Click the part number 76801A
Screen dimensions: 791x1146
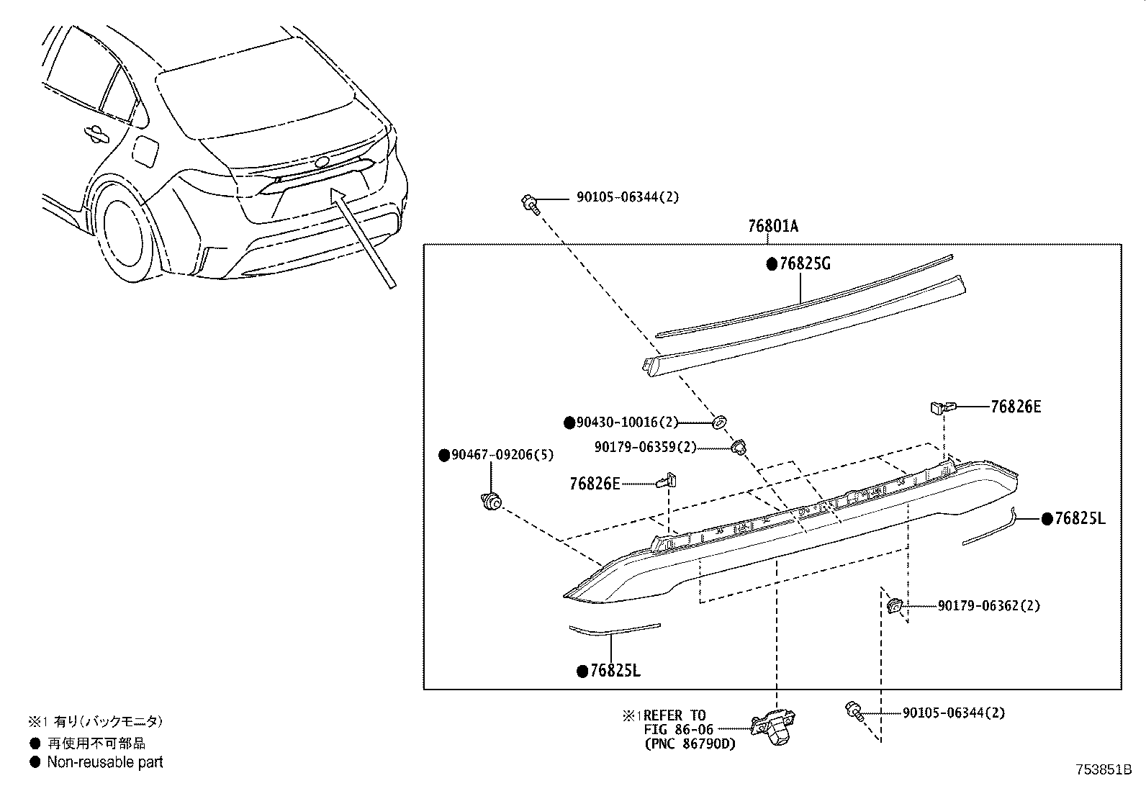pyautogui.click(x=773, y=226)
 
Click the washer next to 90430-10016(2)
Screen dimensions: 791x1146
pyautogui.click(x=719, y=421)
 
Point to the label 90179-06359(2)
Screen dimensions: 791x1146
pyautogui.click(x=646, y=447)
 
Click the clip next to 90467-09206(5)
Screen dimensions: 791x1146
pyautogui.click(x=492, y=502)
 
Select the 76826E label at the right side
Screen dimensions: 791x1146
pyautogui.click(x=1016, y=407)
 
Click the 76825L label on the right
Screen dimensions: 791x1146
pyautogui.click(x=1079, y=518)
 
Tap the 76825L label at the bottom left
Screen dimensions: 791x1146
pyautogui.click(x=614, y=671)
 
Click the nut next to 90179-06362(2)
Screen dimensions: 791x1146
pyautogui.click(x=895, y=606)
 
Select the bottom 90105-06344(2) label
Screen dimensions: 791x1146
pyautogui.click(x=953, y=713)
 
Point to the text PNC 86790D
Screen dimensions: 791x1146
pyautogui.click(x=690, y=743)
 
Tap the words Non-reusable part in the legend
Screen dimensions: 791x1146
pyautogui.click(x=105, y=761)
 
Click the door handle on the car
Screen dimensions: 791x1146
pyautogui.click(x=96, y=132)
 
